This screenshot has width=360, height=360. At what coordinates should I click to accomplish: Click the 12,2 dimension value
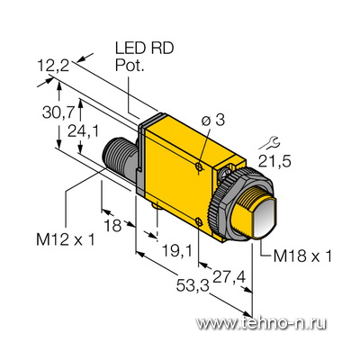click(x=53, y=66)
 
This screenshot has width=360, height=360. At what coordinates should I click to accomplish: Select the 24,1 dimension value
click(x=83, y=131)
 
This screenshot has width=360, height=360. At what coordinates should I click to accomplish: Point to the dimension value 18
click(x=112, y=225)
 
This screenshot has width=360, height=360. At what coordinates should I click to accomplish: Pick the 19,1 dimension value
click(x=177, y=250)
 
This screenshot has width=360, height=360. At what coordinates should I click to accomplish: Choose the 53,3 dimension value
click(x=193, y=285)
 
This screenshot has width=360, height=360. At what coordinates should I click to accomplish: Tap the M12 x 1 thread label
click(x=66, y=240)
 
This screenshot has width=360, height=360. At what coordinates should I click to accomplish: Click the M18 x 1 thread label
click(x=302, y=256)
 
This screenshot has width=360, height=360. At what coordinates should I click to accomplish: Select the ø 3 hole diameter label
click(x=213, y=121)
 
